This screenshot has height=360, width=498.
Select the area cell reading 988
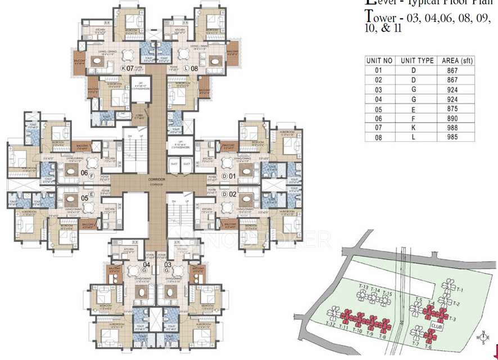pyautogui.click(x=453, y=128)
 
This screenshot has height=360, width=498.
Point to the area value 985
pyautogui.click(x=453, y=137)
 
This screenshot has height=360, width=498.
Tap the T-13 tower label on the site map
pyautogui.click(x=363, y=288)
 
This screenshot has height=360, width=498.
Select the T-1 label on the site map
pyautogui.click(x=460, y=289)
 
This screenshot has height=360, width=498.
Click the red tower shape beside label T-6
pyautogui.click(x=430, y=337)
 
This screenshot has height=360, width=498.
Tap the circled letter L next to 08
pyautogui.click(x=185, y=68)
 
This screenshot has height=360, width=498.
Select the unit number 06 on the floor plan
pyautogui.click(x=84, y=172)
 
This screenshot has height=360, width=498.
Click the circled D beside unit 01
pyautogui.click(x=224, y=177)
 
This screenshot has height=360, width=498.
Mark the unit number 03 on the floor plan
pyautogui.click(x=167, y=264)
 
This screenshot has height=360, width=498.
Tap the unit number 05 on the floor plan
pyautogui.click(x=84, y=197)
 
